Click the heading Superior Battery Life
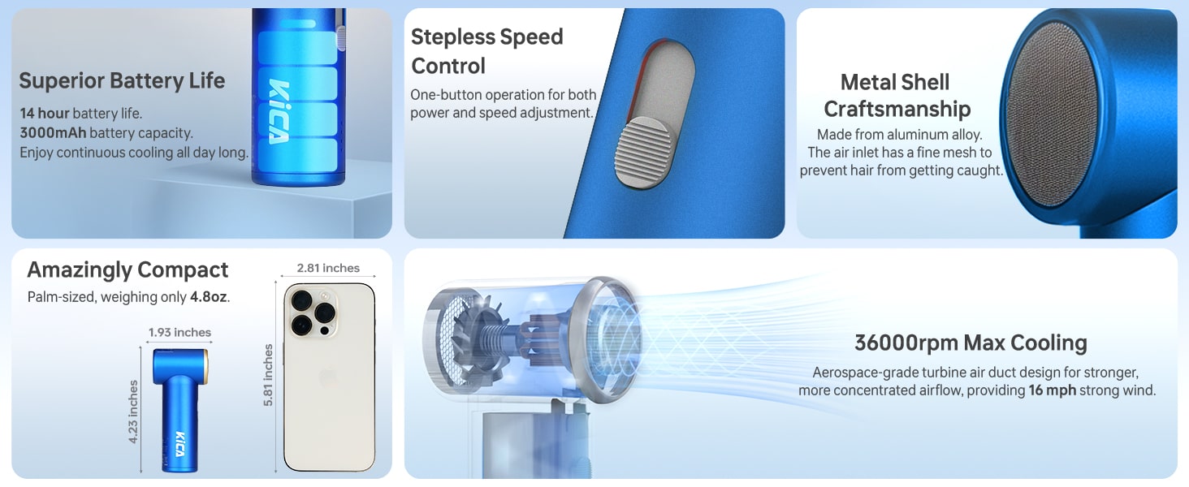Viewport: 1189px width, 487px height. point(122,80)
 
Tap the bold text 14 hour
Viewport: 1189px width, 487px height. point(45,113)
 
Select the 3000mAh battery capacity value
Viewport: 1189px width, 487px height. point(53,132)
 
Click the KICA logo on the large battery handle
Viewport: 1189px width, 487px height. point(279,111)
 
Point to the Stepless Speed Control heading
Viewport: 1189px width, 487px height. point(486,51)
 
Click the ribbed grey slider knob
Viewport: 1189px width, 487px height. point(643,153)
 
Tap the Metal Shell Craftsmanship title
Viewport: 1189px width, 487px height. point(897,96)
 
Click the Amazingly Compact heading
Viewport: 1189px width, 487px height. point(128,270)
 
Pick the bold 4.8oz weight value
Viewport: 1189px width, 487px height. point(209,296)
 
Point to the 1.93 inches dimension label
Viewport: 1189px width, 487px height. point(179,332)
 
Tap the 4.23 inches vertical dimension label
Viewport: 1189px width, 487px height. point(132,412)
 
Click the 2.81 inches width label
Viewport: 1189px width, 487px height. point(328,268)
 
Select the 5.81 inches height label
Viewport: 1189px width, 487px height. point(268,376)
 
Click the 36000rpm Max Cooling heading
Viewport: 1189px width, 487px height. point(971,343)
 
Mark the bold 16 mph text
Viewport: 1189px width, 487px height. point(1052,390)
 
